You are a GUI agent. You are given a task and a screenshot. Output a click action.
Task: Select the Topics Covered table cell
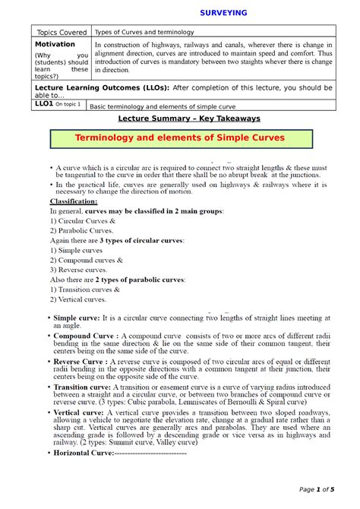pos(59,33)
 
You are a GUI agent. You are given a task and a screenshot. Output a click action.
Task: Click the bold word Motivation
pos(55,45)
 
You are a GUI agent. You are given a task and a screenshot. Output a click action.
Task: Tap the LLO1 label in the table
pos(47,105)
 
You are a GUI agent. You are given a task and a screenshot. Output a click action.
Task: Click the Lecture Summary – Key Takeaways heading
pos(189,119)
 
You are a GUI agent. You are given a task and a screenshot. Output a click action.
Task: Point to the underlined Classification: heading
pos(74,201)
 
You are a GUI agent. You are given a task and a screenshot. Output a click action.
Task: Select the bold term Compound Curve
pos(84,335)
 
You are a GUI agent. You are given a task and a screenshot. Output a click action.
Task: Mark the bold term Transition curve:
pos(82,387)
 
